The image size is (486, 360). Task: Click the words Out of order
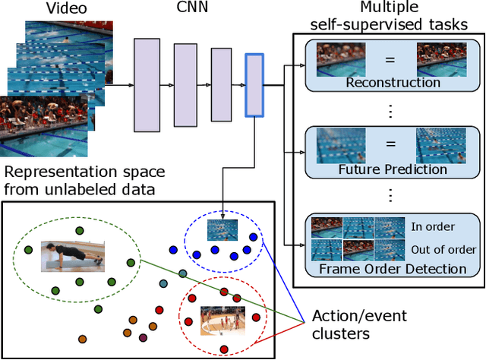coord(443,249)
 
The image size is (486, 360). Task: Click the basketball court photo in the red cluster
coord(222,321)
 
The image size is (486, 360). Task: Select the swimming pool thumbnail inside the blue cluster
coord(222,229)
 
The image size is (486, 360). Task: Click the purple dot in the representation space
coord(143,336)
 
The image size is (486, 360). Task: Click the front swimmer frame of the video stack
coord(45,125)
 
